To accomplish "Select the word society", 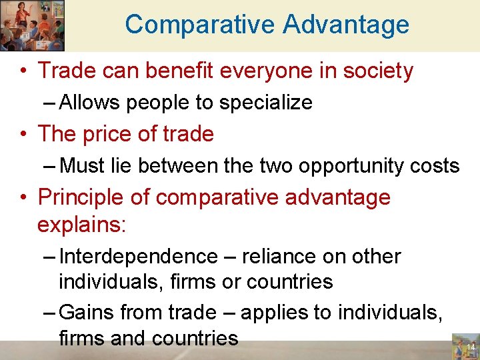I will coord(378,71).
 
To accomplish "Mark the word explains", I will coord(81,225).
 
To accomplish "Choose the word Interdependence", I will coord(138,257).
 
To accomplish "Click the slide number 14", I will coord(469,347).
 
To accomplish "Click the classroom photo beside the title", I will coord(32,25).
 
